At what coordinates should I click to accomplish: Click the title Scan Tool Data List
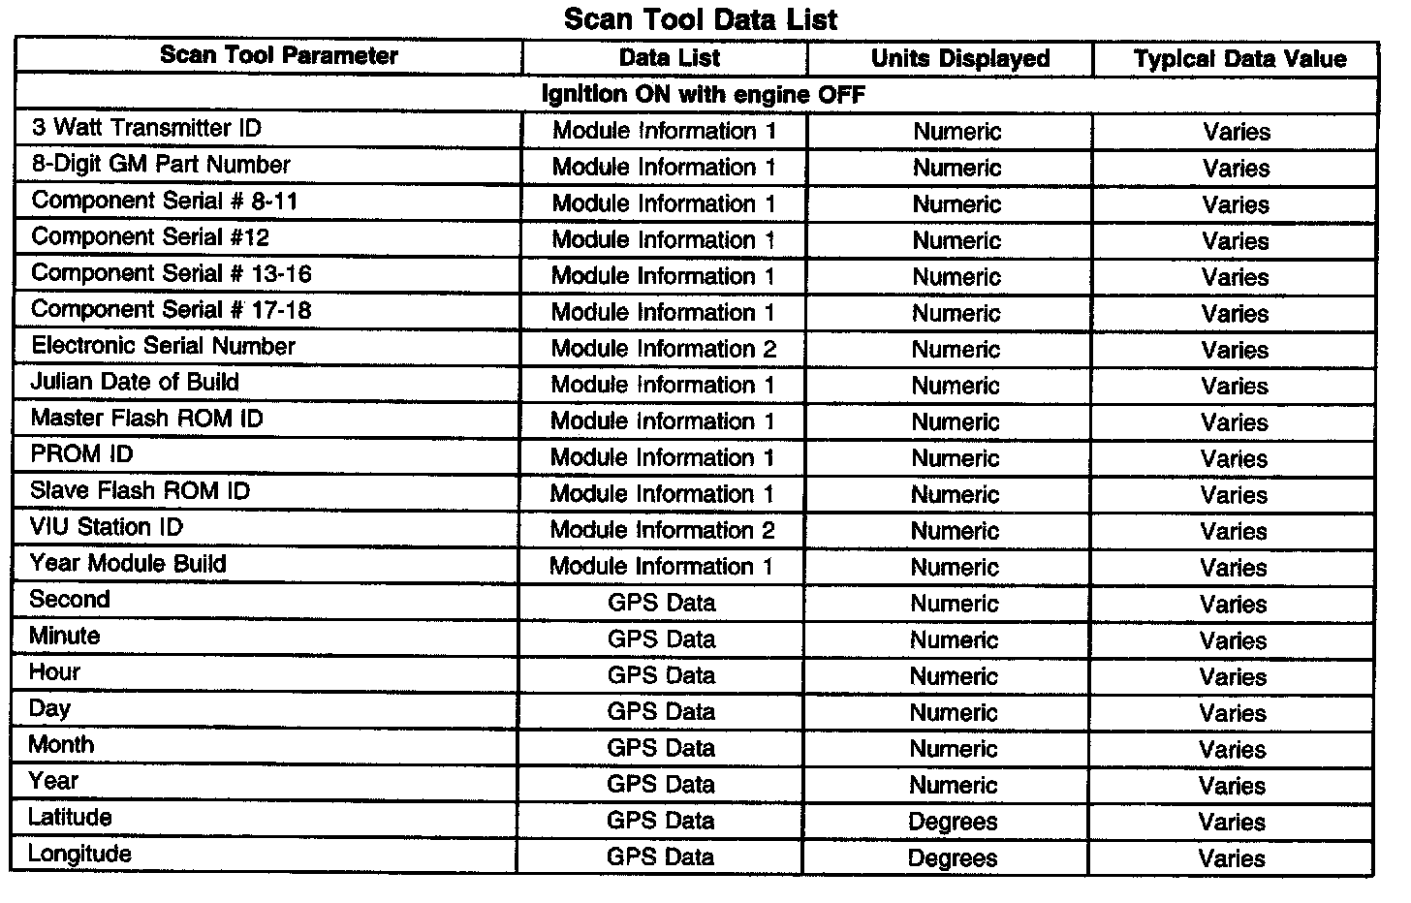point(700,19)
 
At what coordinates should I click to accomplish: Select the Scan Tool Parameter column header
point(278,55)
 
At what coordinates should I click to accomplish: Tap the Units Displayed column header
point(959,58)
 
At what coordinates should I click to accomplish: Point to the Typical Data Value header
point(1239,58)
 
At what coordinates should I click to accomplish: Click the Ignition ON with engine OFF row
point(702,94)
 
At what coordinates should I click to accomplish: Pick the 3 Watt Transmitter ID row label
point(146,128)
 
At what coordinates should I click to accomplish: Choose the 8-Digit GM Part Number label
point(161,165)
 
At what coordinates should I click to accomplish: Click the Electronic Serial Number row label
point(163,346)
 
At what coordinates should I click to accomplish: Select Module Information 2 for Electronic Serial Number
point(664,349)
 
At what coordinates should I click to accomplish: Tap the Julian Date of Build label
point(135,382)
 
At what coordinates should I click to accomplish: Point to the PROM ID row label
point(81,454)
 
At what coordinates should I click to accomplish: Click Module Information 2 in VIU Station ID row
point(662,530)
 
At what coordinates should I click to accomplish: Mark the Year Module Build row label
point(128,564)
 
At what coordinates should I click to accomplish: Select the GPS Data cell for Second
point(661,603)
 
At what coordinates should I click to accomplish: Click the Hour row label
point(54,672)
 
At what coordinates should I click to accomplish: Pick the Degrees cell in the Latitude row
point(953,822)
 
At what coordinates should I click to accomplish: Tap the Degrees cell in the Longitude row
point(953,858)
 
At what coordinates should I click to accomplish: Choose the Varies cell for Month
point(1233,749)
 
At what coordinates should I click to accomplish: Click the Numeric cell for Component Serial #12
point(956,240)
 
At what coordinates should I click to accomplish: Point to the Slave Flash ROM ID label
point(140,490)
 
